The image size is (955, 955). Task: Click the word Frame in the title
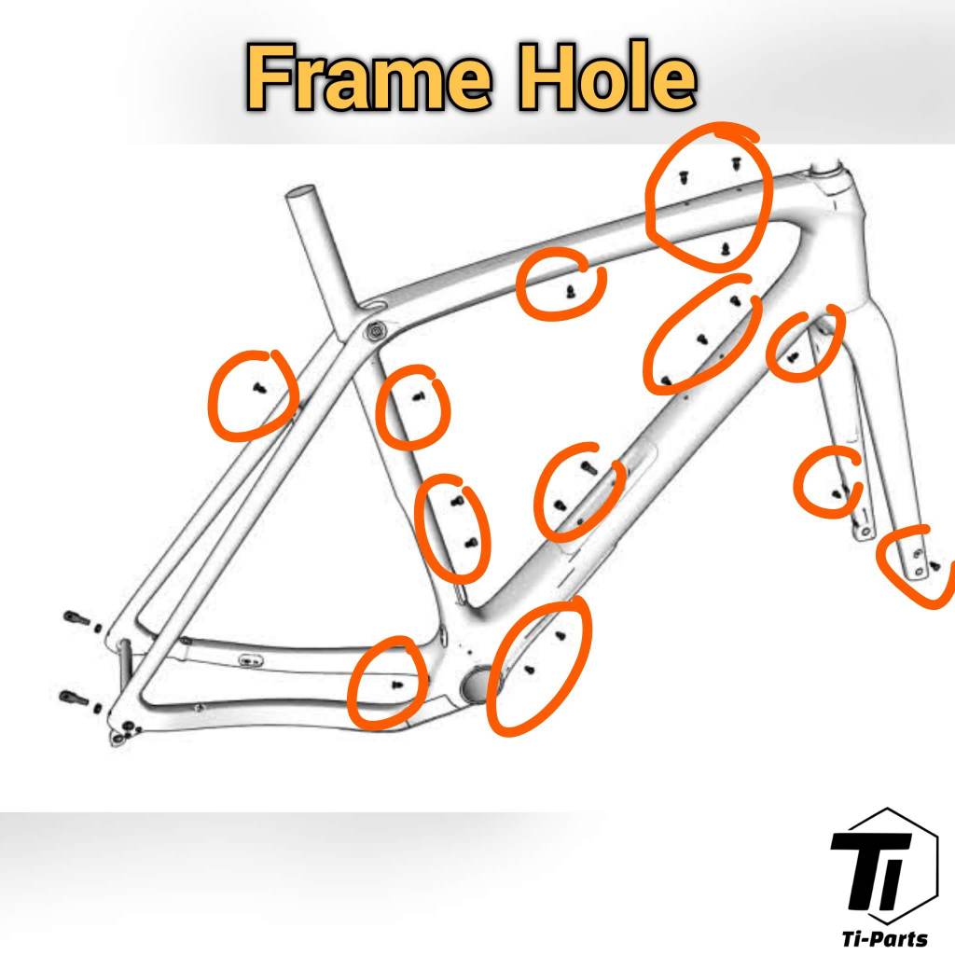pos(367,77)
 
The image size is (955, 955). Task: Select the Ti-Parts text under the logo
pos(884,937)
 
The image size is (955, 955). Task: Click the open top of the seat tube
pos(300,194)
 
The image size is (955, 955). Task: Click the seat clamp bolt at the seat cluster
pos(374,330)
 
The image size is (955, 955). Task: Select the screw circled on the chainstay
pos(397,685)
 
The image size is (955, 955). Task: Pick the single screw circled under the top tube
pos(570,292)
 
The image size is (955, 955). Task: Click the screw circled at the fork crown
pos(793,358)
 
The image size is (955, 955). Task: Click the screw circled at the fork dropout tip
pos(934,567)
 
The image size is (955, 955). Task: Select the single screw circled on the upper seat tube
pos(418,397)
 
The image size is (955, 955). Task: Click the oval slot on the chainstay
pos(250,660)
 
